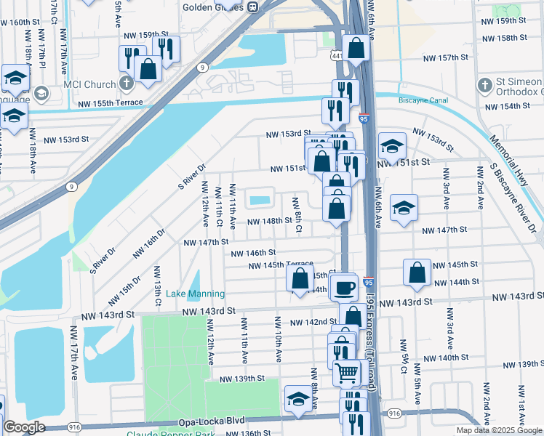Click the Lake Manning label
(x=195, y=294)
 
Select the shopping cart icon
(x=347, y=372)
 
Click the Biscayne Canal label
(x=421, y=101)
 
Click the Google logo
(x=24, y=427)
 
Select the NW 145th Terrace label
(x=281, y=265)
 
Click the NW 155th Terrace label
(x=112, y=104)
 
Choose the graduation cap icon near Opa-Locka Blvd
(x=297, y=399)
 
